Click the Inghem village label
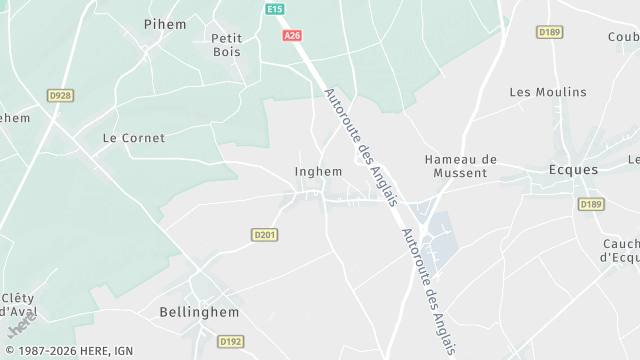coord(318,171)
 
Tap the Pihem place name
coord(165,23)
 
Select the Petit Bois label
coord(227,45)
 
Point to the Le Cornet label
coord(134,138)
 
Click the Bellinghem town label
coord(199,312)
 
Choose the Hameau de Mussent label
coord(460,166)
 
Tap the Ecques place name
coord(574,170)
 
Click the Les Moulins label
coord(548,92)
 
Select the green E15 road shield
coord(275,9)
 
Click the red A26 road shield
coord(292,36)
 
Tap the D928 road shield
coord(60,96)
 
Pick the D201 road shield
coord(264,235)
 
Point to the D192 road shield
coord(231,341)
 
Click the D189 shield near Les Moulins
coord(549,32)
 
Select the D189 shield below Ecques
coord(590,204)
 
